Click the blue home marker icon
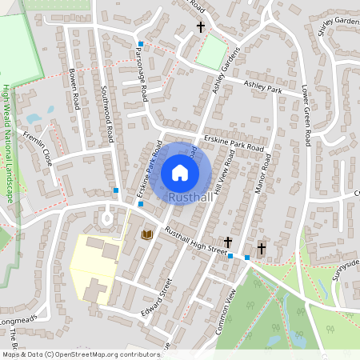pyautogui.click(x=180, y=173)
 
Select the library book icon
pyautogui.click(x=146, y=234)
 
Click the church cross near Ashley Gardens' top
pyautogui.click(x=201, y=27)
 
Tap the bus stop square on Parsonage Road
pyautogui.click(x=141, y=44)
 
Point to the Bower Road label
pyautogui.click(x=74, y=87)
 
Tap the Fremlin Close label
pyautogui.click(x=39, y=147)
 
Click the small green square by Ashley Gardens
pyautogui.click(x=210, y=53)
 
